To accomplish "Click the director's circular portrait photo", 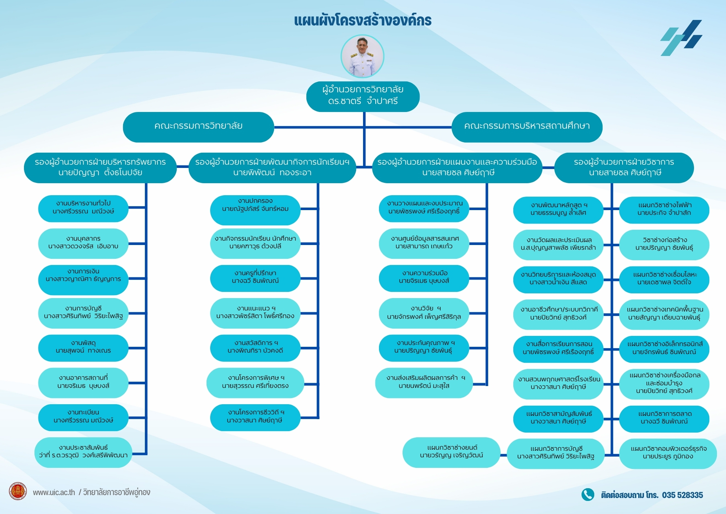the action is pos(362,56).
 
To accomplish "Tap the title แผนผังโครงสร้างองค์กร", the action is pos(363,20).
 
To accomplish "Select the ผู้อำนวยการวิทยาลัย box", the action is pos(363,96).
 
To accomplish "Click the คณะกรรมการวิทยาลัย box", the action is pos(199,127).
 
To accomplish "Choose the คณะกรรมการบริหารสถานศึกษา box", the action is pos(527,127).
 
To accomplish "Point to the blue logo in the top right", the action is pos(681,38).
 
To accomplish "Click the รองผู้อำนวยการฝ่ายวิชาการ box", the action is pos(624,168).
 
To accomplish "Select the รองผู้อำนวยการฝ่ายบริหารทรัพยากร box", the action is pos(101,168).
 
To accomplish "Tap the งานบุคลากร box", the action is pos(83,243).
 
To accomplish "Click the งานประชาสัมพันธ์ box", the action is pos(83,452).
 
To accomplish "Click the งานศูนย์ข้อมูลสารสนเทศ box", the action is pos(424,243).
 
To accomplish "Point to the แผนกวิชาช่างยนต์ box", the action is pos(451,452).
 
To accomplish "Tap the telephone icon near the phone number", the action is pos(588,494).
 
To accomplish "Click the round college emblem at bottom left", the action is pos(18,491).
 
